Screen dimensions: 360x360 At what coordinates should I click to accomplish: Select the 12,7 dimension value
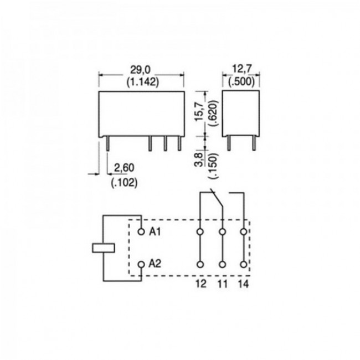(x=241, y=69)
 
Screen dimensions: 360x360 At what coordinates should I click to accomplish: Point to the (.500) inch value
(x=241, y=80)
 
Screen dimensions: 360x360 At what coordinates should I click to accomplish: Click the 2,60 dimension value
(x=124, y=168)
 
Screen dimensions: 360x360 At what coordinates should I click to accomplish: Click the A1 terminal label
(x=155, y=232)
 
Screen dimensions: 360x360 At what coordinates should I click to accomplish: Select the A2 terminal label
(x=155, y=264)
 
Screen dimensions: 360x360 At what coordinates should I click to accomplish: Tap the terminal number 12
(x=200, y=284)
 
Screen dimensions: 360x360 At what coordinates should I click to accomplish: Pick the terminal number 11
(x=222, y=284)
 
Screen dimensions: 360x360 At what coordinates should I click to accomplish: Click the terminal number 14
(x=243, y=284)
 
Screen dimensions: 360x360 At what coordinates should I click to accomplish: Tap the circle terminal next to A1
(x=141, y=231)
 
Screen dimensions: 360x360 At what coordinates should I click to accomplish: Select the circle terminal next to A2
(x=141, y=264)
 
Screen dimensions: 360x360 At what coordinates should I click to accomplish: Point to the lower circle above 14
(x=243, y=264)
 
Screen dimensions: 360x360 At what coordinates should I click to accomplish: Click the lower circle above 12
(x=200, y=264)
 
